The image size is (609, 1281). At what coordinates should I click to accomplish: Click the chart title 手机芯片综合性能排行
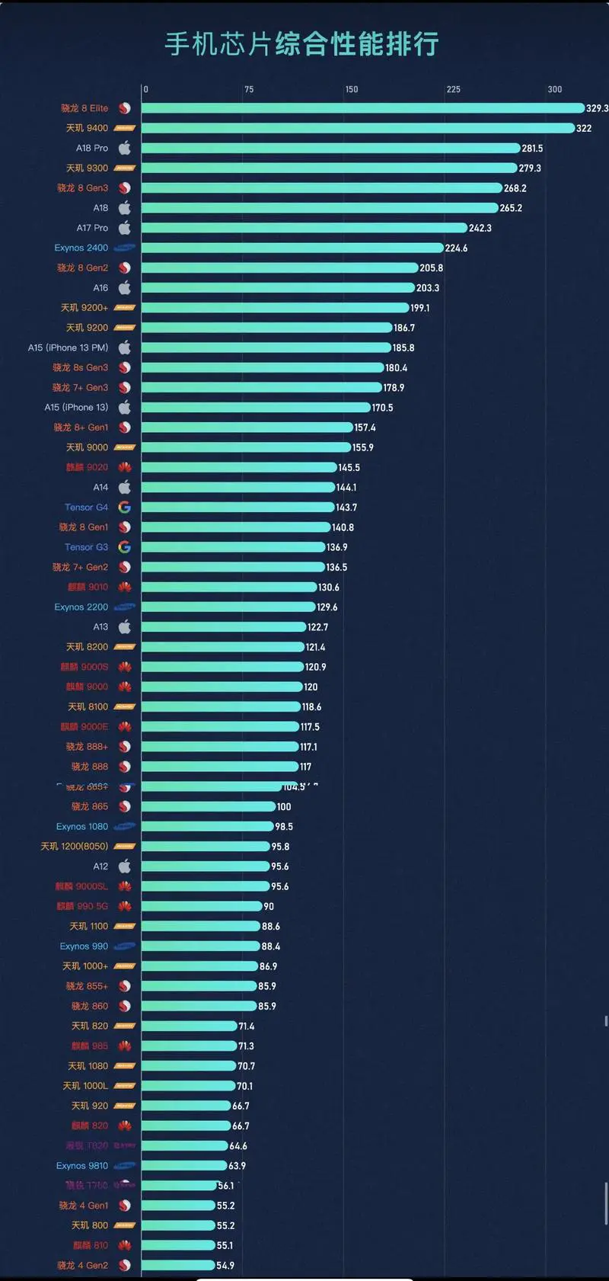click(x=301, y=44)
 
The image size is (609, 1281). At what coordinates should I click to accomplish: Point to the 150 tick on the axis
click(x=351, y=89)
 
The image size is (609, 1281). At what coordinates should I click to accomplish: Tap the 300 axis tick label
click(x=555, y=89)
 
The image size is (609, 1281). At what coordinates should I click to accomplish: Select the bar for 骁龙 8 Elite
click(x=362, y=108)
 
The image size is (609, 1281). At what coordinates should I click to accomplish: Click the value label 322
click(x=584, y=128)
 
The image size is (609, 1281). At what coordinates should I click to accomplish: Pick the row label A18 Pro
click(x=92, y=148)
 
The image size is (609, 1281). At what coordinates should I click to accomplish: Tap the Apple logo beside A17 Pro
click(x=125, y=228)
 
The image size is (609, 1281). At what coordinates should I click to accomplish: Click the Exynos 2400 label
click(x=81, y=248)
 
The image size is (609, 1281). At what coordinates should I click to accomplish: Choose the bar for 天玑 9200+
click(x=275, y=308)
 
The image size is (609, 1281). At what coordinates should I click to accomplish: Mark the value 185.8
click(x=403, y=347)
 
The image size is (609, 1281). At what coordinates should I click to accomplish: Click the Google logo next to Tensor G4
click(x=125, y=508)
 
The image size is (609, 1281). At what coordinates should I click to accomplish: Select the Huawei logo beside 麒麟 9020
click(x=125, y=467)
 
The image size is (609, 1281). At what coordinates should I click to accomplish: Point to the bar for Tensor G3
click(x=233, y=547)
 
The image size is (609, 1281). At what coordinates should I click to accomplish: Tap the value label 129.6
click(x=327, y=607)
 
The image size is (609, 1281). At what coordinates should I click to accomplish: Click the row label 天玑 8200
click(x=87, y=647)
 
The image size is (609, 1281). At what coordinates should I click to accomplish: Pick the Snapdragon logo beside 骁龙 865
click(x=125, y=806)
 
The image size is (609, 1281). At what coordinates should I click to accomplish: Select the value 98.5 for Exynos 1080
click(x=284, y=827)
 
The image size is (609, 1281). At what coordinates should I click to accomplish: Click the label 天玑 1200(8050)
click(x=75, y=847)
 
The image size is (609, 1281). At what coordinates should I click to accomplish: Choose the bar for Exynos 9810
click(x=184, y=1166)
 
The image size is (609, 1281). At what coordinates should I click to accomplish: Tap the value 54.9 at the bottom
click(x=225, y=1266)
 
